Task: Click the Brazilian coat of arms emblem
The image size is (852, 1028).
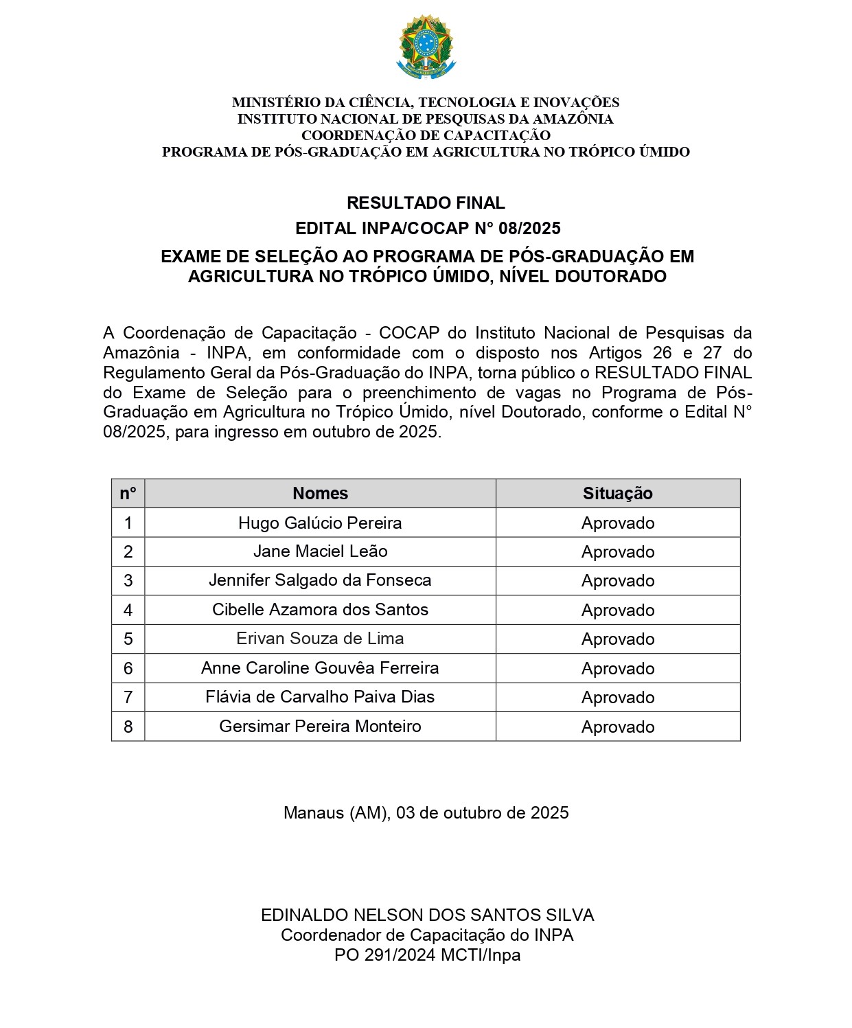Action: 426,47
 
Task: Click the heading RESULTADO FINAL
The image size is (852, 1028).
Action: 426,203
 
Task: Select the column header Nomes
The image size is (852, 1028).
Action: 320,494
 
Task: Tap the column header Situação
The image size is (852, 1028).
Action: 617,494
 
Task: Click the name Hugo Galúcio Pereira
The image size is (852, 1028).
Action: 320,523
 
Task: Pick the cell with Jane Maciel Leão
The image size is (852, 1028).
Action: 320,551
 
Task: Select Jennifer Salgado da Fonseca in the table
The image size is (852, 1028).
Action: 320,580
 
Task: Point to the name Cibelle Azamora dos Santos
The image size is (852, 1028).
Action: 320,610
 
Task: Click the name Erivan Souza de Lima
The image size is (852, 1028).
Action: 320,639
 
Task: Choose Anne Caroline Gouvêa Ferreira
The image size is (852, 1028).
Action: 320,668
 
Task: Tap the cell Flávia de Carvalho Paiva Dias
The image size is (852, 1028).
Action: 320,697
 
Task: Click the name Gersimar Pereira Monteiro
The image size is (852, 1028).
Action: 320,727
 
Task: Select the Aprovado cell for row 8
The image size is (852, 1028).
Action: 617,727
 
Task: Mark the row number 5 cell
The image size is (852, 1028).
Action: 128,639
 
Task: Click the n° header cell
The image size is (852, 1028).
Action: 128,494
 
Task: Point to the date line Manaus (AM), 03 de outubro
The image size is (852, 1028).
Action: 426,813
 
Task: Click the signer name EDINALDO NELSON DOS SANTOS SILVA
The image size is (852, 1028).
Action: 427,915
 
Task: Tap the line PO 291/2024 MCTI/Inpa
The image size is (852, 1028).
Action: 427,955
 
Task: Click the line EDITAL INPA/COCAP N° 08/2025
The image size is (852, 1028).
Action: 427,229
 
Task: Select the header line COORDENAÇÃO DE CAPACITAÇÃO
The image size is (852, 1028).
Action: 426,135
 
